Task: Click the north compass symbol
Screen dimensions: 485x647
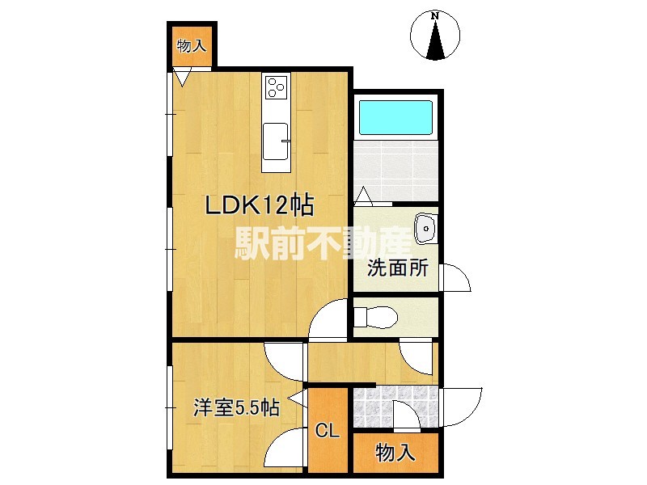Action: pos(435,36)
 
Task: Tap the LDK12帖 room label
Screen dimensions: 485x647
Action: pos(259,205)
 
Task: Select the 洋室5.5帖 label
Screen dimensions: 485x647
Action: pos(236,408)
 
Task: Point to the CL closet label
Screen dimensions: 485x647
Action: pos(326,430)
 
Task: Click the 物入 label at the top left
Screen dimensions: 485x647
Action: pos(192,46)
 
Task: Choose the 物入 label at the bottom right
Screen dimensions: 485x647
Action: pos(396,453)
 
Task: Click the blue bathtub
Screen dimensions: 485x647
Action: pos(395,118)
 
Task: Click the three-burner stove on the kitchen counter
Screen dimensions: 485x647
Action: pos(276,86)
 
